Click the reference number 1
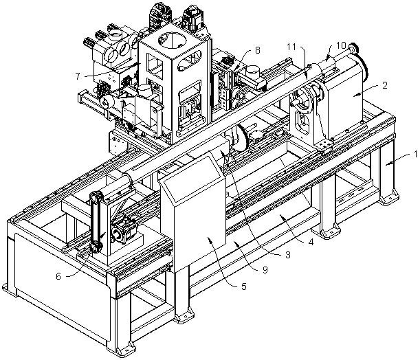click(x=415, y=154)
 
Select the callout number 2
click(x=385, y=85)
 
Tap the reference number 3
click(x=288, y=255)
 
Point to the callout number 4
click(x=311, y=243)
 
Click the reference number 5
click(x=243, y=287)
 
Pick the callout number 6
click(x=58, y=276)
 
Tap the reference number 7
click(x=78, y=76)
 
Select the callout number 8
click(x=257, y=50)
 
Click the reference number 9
click(x=265, y=270)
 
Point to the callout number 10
click(x=341, y=45)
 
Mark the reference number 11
click(x=291, y=47)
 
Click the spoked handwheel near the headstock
click(x=303, y=99)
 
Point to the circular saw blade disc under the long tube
click(x=241, y=137)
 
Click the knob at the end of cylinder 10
click(x=354, y=48)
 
